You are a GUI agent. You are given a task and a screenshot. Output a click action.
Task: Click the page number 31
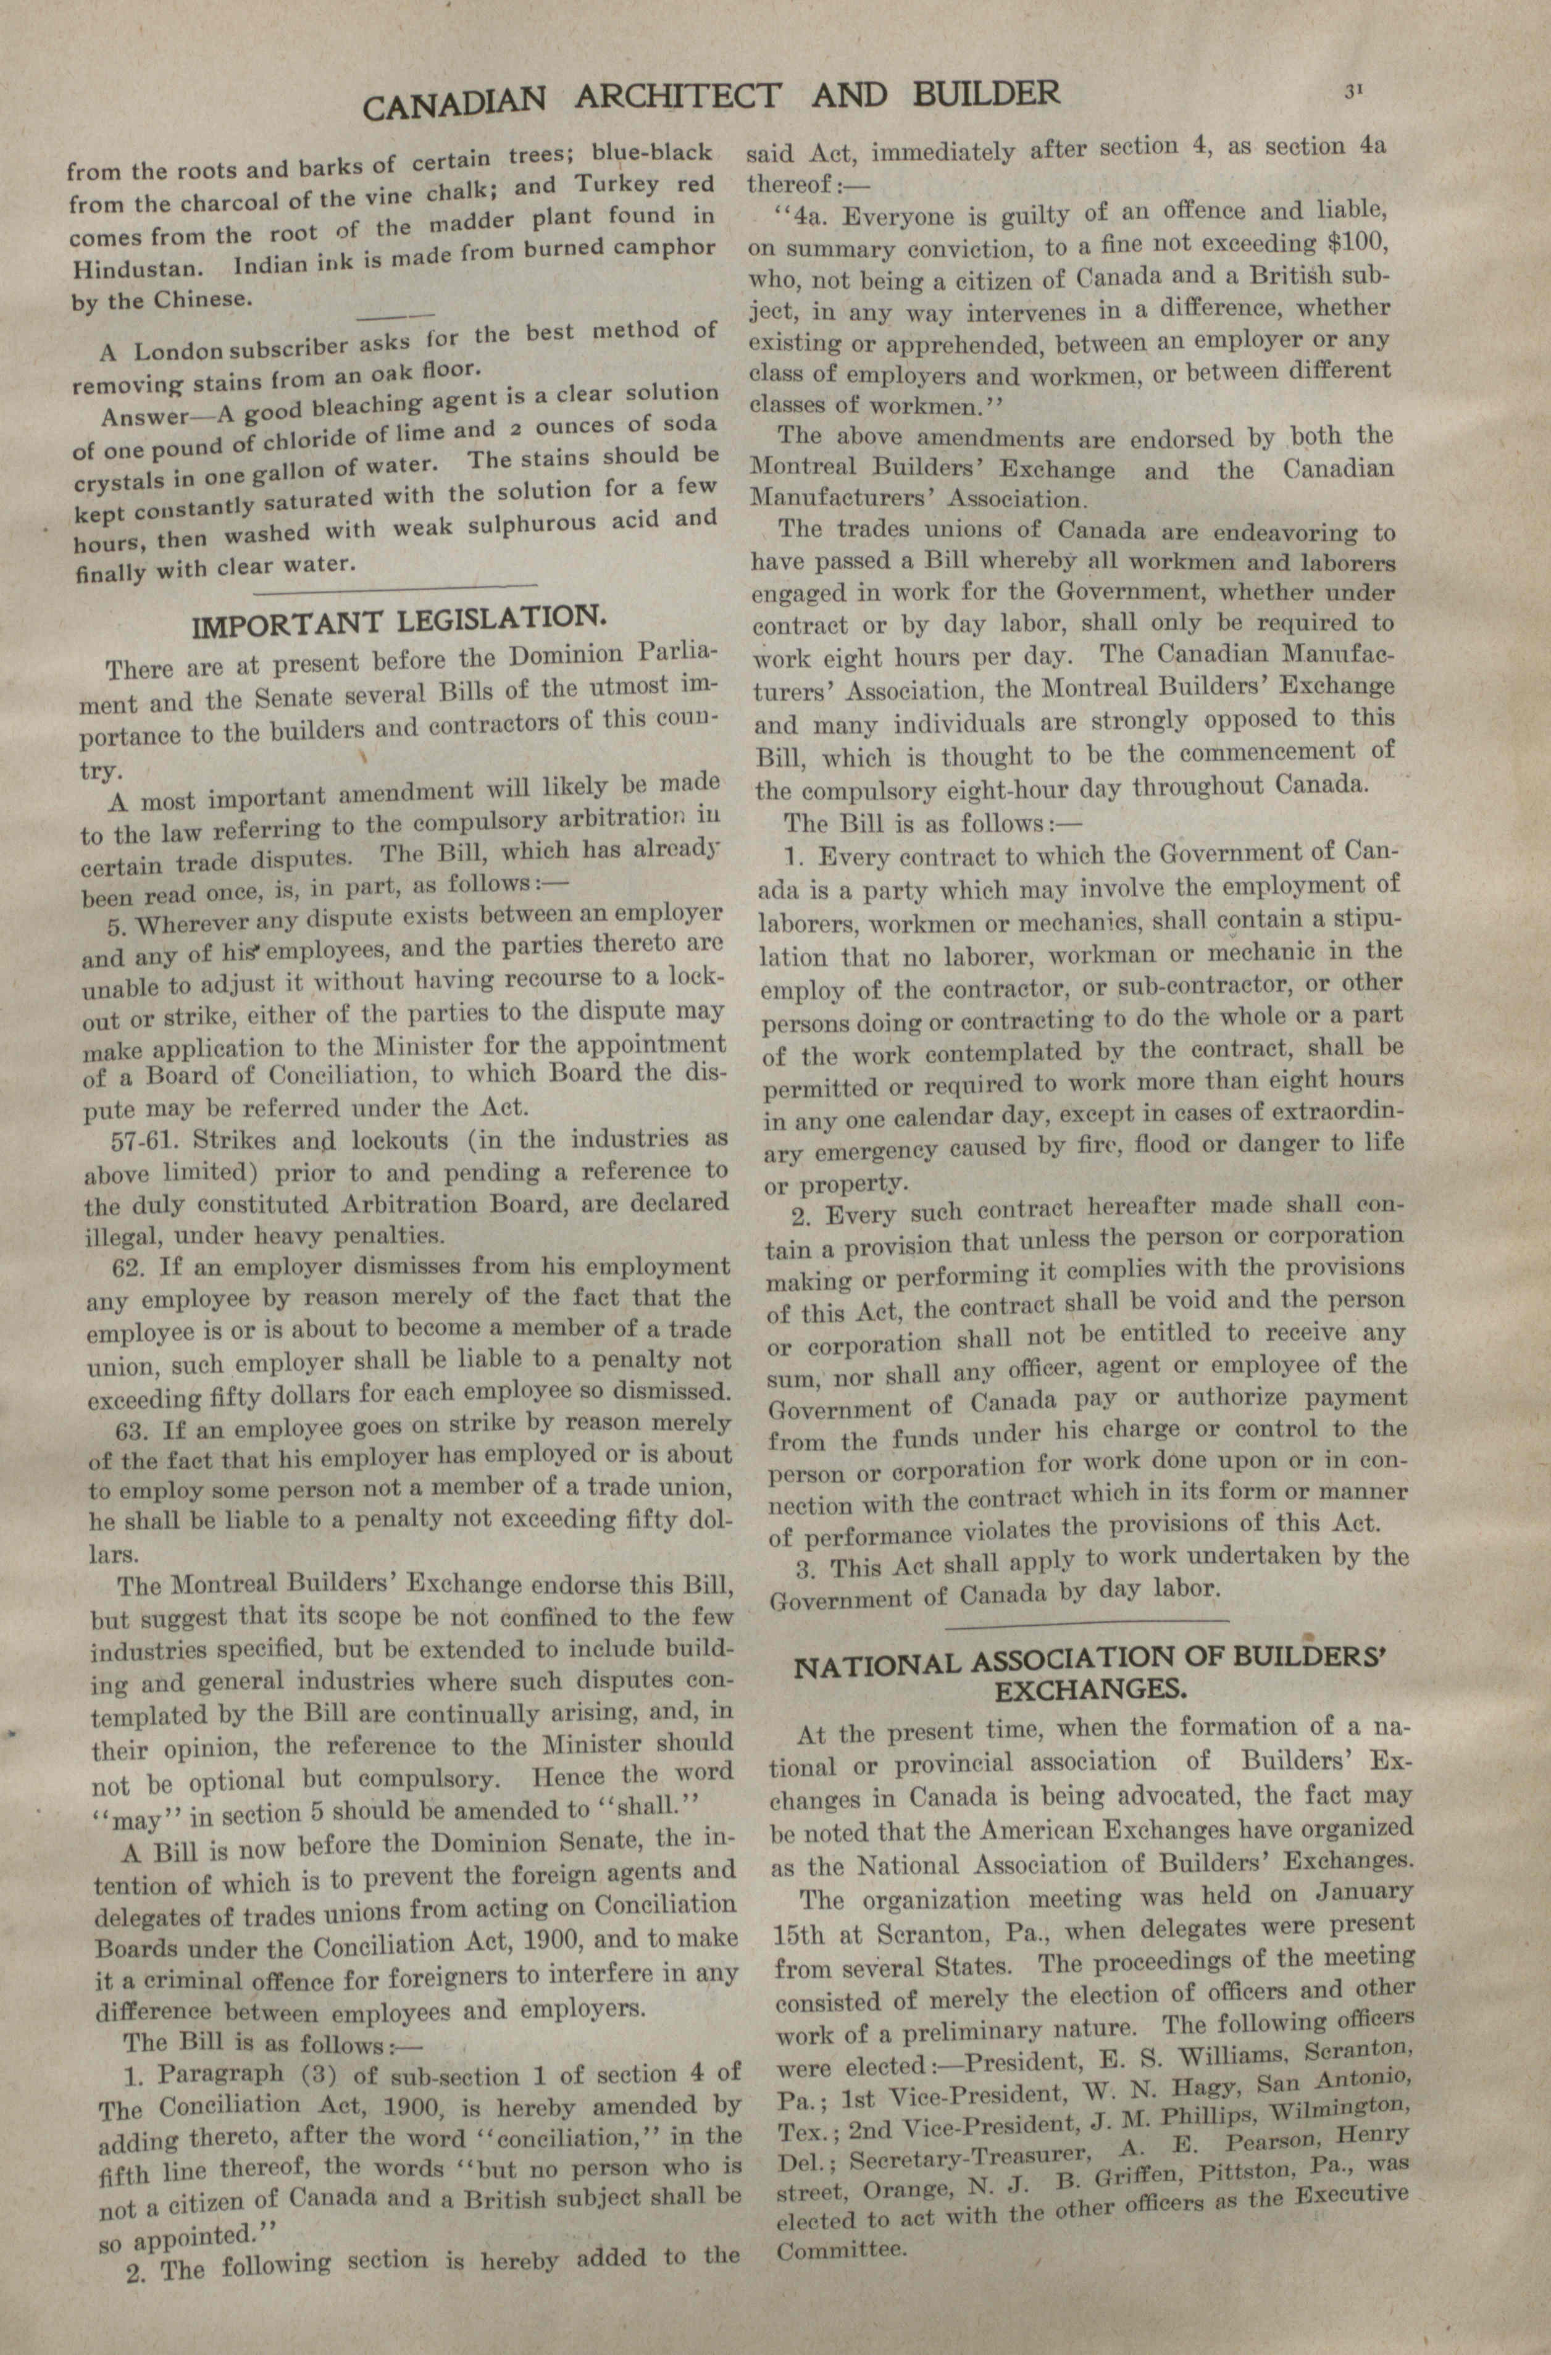1353,91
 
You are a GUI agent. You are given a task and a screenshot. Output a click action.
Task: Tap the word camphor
667,248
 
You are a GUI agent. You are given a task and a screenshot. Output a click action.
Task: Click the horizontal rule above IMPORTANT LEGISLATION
396,590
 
